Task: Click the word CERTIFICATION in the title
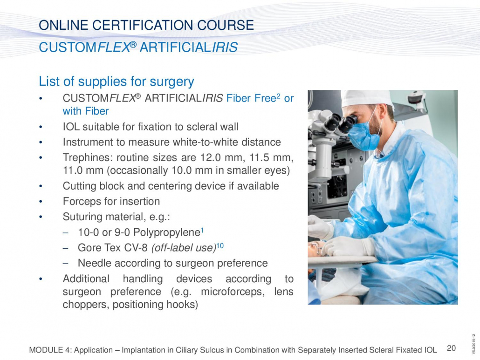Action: tap(143, 25)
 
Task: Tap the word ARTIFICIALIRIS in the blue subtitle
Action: tap(189, 48)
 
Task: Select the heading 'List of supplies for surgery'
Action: tap(117, 82)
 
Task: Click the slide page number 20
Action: tap(451, 348)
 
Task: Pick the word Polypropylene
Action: tap(167, 232)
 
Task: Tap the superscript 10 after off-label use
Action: tap(220, 245)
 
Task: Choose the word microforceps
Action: tap(233, 292)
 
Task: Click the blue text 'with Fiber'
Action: tap(86, 111)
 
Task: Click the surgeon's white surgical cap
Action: tap(366, 98)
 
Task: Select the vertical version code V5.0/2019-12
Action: tap(474, 344)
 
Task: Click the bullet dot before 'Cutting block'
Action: tap(41, 186)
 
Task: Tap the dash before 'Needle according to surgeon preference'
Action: tap(65, 263)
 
